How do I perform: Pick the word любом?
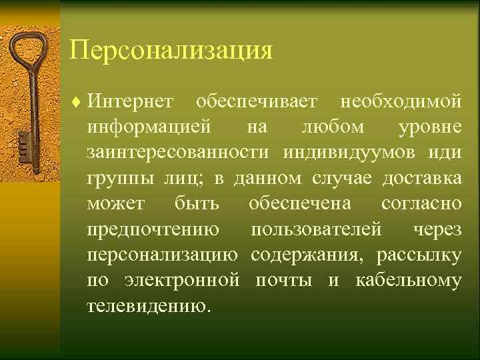coord(333,127)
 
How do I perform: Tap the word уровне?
coord(429,127)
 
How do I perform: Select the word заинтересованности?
coord(179,153)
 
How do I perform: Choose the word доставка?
coord(421,178)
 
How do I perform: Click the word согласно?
coord(421,204)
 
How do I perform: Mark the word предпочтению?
coord(153,230)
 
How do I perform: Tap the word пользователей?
coord(317,230)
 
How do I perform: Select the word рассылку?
coord(419,255)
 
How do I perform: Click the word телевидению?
coord(147,306)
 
